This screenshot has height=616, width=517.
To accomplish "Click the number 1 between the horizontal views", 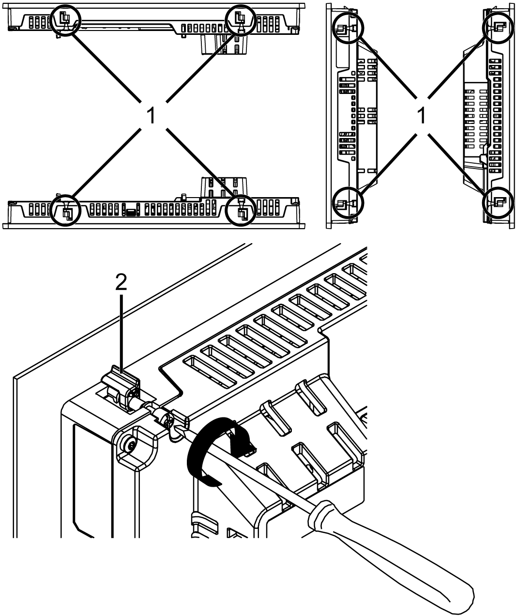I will pyautogui.click(x=152, y=115).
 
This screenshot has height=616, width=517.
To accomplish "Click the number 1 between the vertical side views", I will pyautogui.click(x=422, y=115).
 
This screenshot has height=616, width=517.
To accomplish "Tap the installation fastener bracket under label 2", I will pyautogui.click(x=121, y=387).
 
